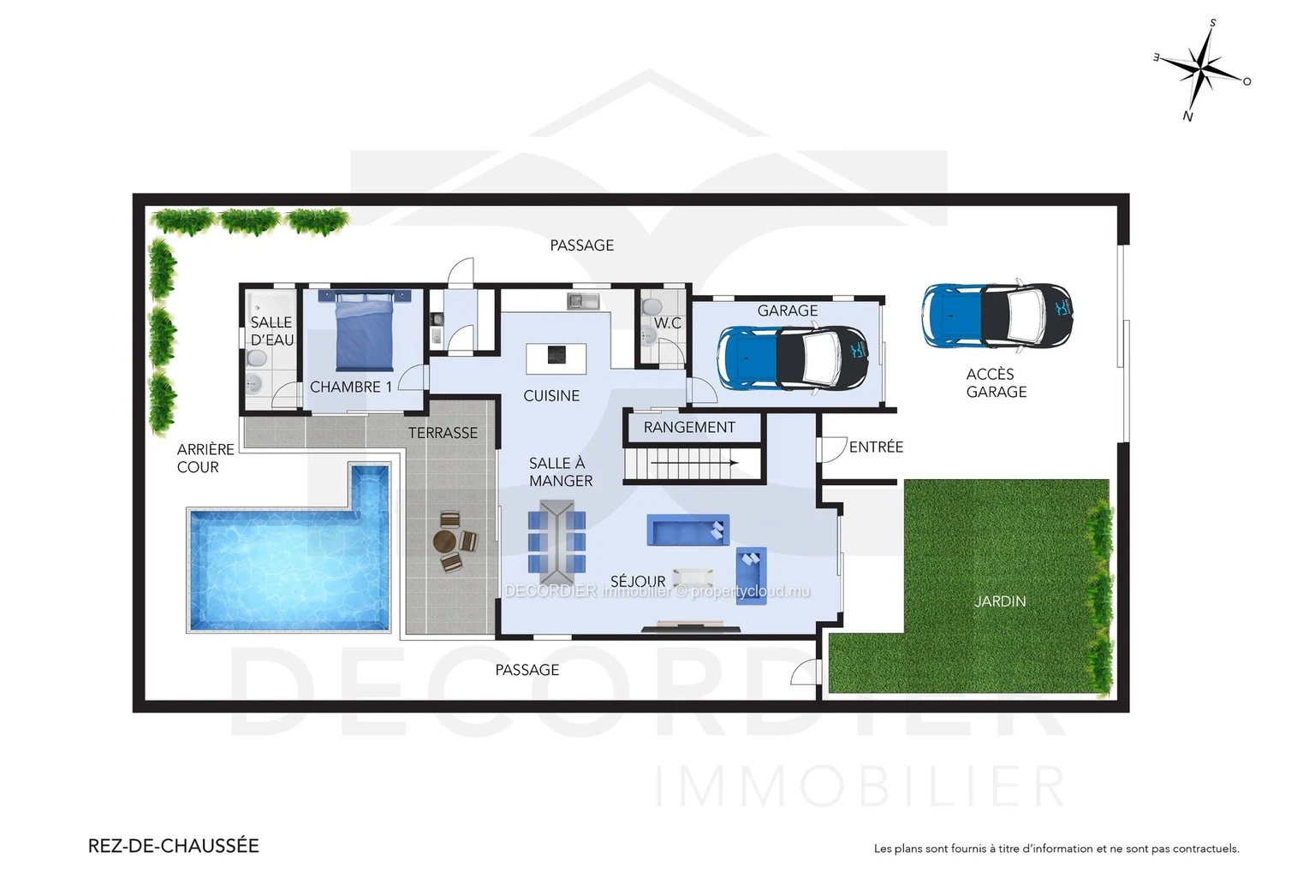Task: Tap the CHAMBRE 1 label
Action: (350, 388)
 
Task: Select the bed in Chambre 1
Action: (365, 330)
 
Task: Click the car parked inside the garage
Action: (793, 358)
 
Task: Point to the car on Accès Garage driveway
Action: (997, 317)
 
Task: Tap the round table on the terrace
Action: (444, 541)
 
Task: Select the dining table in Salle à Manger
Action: (557, 536)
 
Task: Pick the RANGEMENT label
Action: (689, 427)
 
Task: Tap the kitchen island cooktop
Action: (556, 355)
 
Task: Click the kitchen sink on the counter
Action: (583, 301)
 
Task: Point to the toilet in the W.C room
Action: (652, 306)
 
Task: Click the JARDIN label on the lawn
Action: (1000, 601)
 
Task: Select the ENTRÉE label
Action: (876, 447)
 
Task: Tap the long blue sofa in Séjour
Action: (688, 530)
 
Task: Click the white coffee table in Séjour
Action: (693, 578)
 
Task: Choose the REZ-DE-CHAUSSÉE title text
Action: (173, 845)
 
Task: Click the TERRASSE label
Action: (443, 433)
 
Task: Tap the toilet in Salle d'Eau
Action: (257, 358)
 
